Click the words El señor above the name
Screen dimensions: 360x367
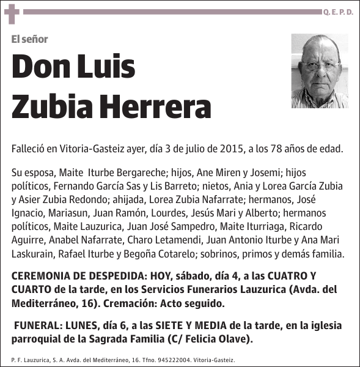coord(29,39)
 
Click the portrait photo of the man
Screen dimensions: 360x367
coord(319,71)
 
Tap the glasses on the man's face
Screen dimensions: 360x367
coord(320,65)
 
